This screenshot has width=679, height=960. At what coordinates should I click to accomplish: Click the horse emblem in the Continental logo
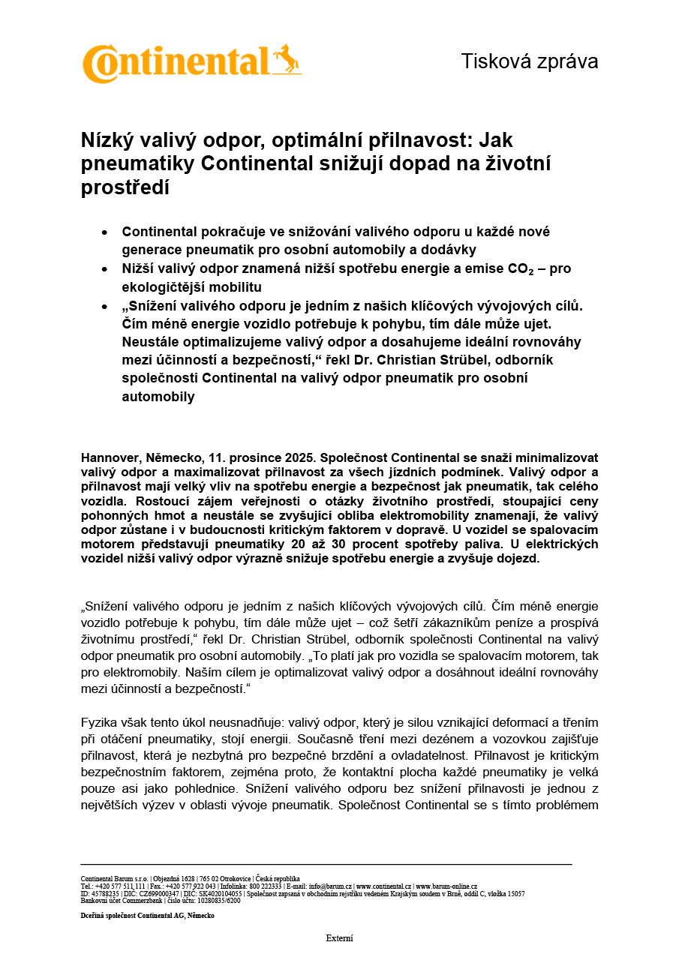pyautogui.click(x=287, y=59)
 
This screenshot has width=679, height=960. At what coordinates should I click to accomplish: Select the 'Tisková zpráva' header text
pyautogui.click(x=529, y=61)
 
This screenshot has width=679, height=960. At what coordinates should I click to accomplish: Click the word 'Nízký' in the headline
pyautogui.click(x=108, y=140)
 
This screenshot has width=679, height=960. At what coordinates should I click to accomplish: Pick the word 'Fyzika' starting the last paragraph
pyautogui.click(x=101, y=722)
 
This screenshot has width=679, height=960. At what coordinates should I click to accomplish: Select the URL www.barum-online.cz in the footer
pyautogui.click(x=446, y=886)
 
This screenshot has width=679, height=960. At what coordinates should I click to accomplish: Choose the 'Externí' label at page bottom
pyautogui.click(x=339, y=938)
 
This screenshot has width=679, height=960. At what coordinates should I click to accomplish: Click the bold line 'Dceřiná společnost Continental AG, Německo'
pyautogui.click(x=147, y=916)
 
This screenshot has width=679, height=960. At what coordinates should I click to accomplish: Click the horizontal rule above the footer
pyautogui.click(x=326, y=864)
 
